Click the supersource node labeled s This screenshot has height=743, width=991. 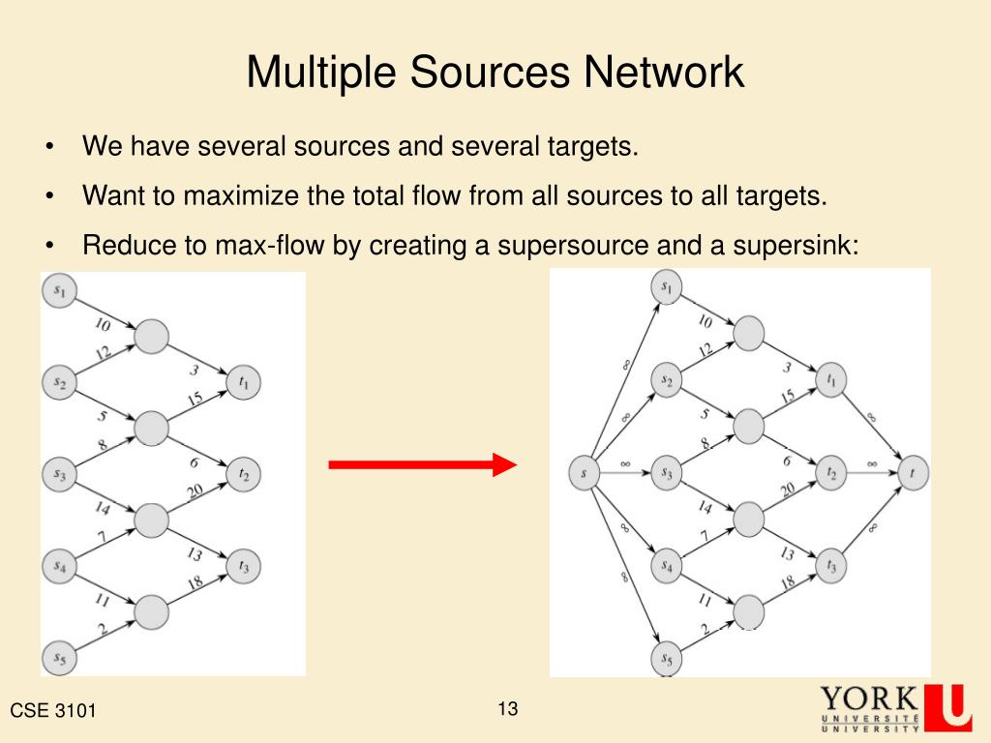[584, 473]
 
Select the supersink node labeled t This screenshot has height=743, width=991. [913, 473]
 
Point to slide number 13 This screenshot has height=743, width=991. [508, 709]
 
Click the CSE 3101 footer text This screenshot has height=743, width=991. [53, 712]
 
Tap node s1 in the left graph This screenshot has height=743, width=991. [60, 289]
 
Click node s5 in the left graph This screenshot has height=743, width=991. [60, 660]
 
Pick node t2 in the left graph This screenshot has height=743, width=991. [244, 474]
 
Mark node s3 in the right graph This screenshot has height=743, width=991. [667, 473]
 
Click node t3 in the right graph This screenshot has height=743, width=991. [830, 566]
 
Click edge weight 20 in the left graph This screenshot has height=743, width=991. [195, 492]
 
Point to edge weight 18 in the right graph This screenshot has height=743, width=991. [787, 580]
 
